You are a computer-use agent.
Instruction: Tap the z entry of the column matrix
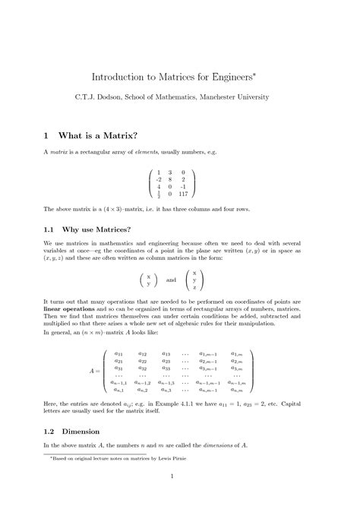point(194,288)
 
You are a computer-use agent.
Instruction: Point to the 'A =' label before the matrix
point(95,371)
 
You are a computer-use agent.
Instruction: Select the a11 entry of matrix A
point(118,353)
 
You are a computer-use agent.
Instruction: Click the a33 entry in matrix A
point(166,368)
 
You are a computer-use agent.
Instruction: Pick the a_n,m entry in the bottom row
point(237,390)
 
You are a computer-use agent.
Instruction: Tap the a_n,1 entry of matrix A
point(119,390)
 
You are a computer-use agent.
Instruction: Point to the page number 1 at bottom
point(173,477)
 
